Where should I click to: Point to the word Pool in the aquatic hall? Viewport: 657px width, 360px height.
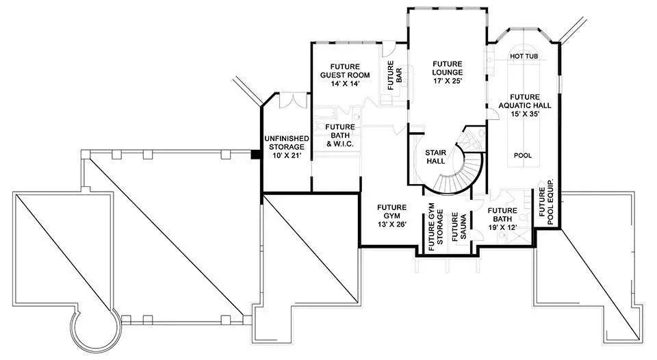click(x=523, y=155)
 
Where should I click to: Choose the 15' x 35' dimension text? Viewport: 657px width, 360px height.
click(x=524, y=115)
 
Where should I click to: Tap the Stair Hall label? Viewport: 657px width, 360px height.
click(x=436, y=157)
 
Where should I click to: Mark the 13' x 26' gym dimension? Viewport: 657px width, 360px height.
click(x=392, y=224)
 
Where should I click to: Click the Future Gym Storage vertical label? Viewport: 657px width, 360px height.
click(x=436, y=224)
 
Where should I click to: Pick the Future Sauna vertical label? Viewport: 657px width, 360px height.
click(x=455, y=228)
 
